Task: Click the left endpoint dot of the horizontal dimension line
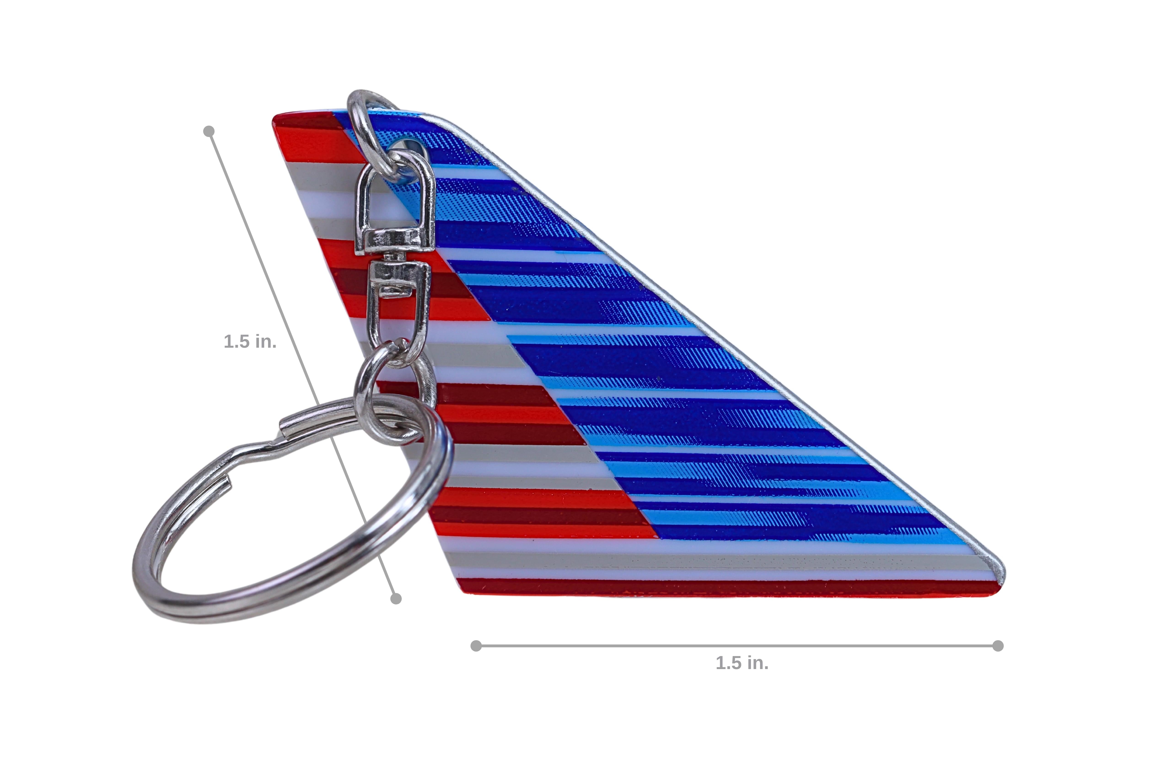tap(476, 646)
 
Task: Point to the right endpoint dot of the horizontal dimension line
tap(998, 646)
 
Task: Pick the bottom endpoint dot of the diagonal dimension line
tap(396, 599)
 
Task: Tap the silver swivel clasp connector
tap(394, 256)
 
